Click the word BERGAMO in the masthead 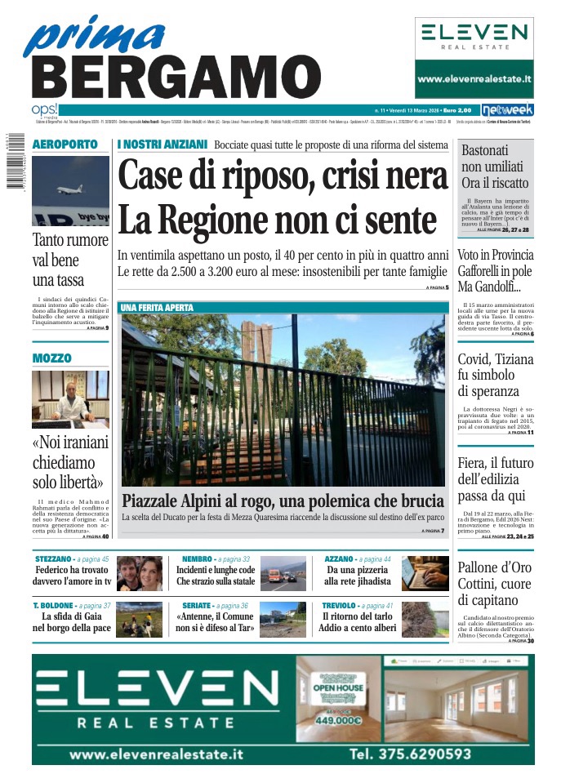(176, 78)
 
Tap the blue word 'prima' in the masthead (94, 37)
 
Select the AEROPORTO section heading (65, 145)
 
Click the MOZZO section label (52, 358)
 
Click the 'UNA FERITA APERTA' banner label (157, 308)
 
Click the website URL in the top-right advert (474, 80)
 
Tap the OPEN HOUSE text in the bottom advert (337, 688)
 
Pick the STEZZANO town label (53, 559)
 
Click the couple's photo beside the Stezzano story (139, 574)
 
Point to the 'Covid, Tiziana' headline (495, 360)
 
